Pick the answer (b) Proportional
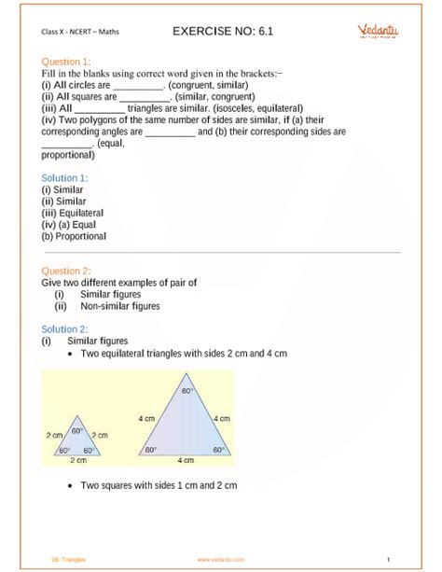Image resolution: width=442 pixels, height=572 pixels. point(74,236)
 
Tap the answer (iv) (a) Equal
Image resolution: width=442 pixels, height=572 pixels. point(71,225)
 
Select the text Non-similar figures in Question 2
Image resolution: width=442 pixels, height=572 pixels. point(119,305)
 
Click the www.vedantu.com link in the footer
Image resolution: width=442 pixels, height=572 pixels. point(220,559)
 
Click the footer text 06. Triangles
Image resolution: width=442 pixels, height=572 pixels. point(67,559)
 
